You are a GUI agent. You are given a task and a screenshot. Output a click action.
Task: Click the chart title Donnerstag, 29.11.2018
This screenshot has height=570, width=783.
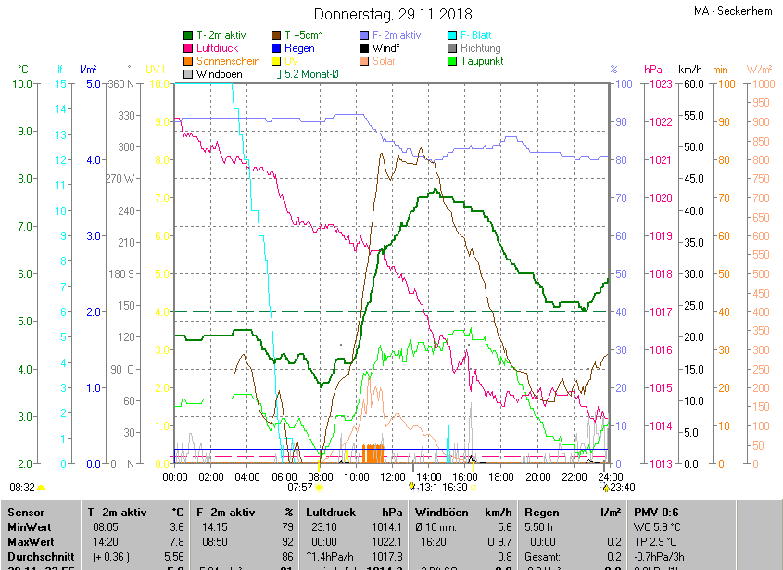392,14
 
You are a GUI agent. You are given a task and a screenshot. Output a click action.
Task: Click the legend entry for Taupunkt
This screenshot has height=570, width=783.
481,61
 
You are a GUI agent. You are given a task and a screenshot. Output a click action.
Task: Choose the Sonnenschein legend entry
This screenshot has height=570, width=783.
228,61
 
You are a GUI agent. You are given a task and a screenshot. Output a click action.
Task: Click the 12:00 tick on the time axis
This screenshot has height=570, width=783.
393,476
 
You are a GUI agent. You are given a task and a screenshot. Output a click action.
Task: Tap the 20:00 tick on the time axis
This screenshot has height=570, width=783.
537,476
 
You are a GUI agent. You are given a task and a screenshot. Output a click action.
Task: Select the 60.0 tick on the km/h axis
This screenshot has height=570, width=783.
690,84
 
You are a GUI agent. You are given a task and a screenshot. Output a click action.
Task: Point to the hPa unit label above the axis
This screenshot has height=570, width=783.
653,70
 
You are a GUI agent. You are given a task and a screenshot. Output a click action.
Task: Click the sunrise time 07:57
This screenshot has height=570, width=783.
299,487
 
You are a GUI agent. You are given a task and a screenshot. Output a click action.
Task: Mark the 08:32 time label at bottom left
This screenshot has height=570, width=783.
22,487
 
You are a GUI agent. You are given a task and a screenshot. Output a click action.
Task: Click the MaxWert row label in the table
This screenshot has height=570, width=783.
31,541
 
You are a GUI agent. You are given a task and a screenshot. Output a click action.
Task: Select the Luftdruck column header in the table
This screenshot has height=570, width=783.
331,512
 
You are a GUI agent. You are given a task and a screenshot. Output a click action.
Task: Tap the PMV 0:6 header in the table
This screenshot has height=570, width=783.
656,512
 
